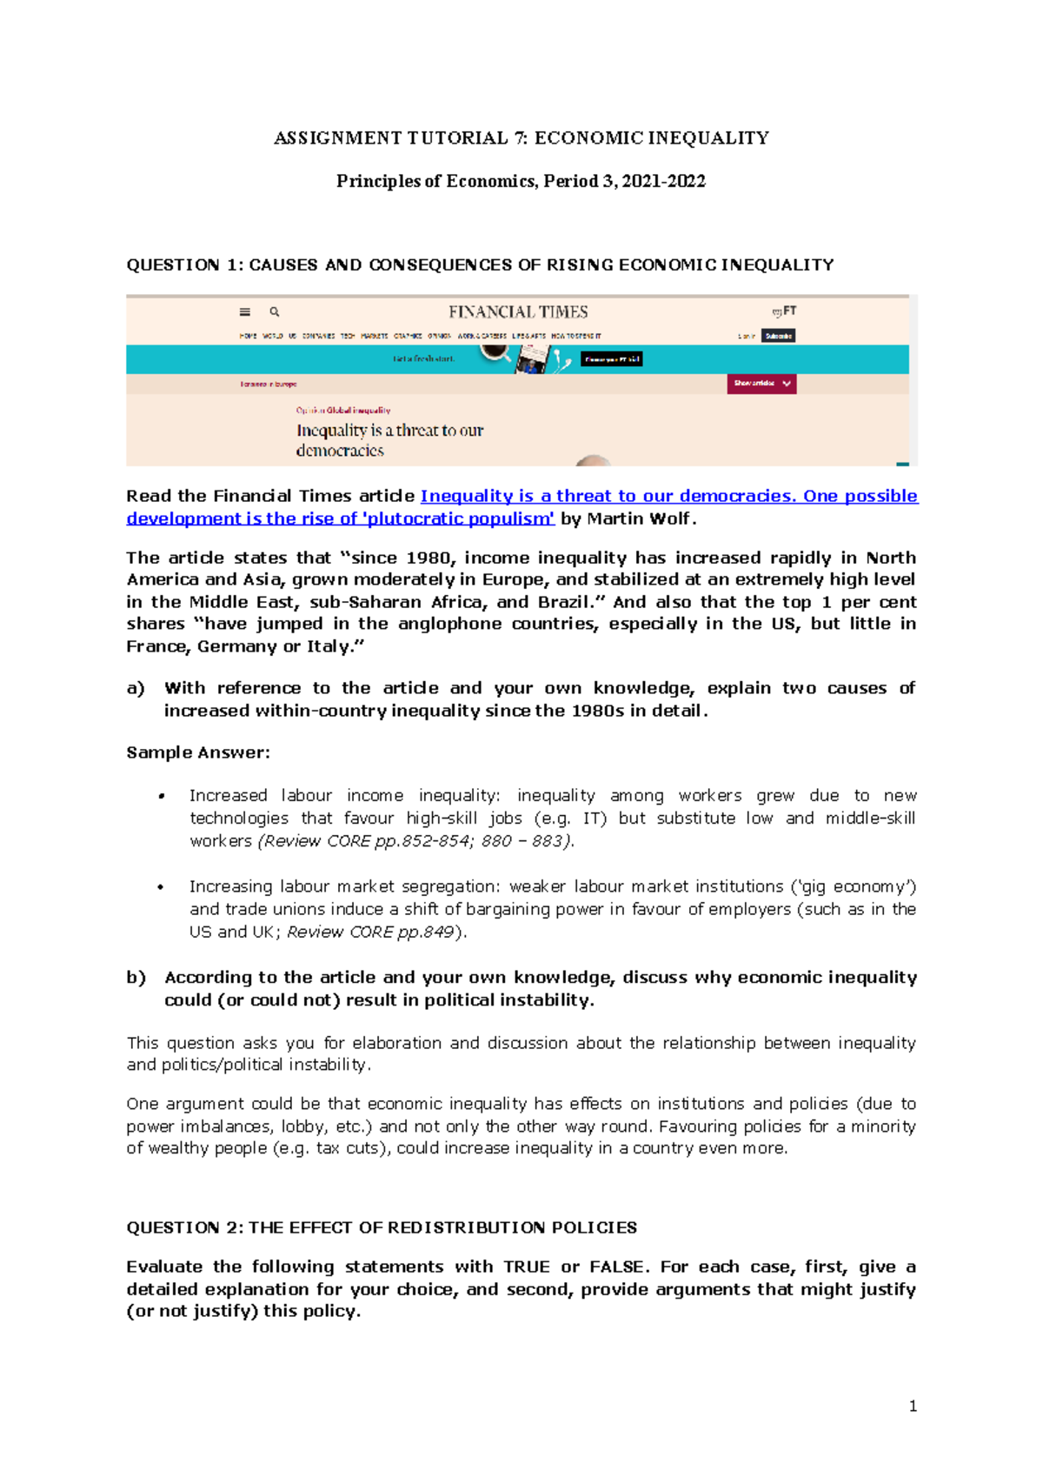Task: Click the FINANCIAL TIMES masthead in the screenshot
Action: (x=518, y=312)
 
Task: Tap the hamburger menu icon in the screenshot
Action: (x=245, y=312)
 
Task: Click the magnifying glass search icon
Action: (x=275, y=311)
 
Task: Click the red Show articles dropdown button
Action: (x=761, y=384)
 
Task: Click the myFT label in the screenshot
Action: (x=784, y=311)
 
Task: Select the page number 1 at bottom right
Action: (x=913, y=1406)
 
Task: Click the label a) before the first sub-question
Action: (x=136, y=688)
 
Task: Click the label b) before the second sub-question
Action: (x=136, y=978)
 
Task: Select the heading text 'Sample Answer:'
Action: (x=198, y=752)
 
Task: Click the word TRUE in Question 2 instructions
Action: (x=527, y=1266)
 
